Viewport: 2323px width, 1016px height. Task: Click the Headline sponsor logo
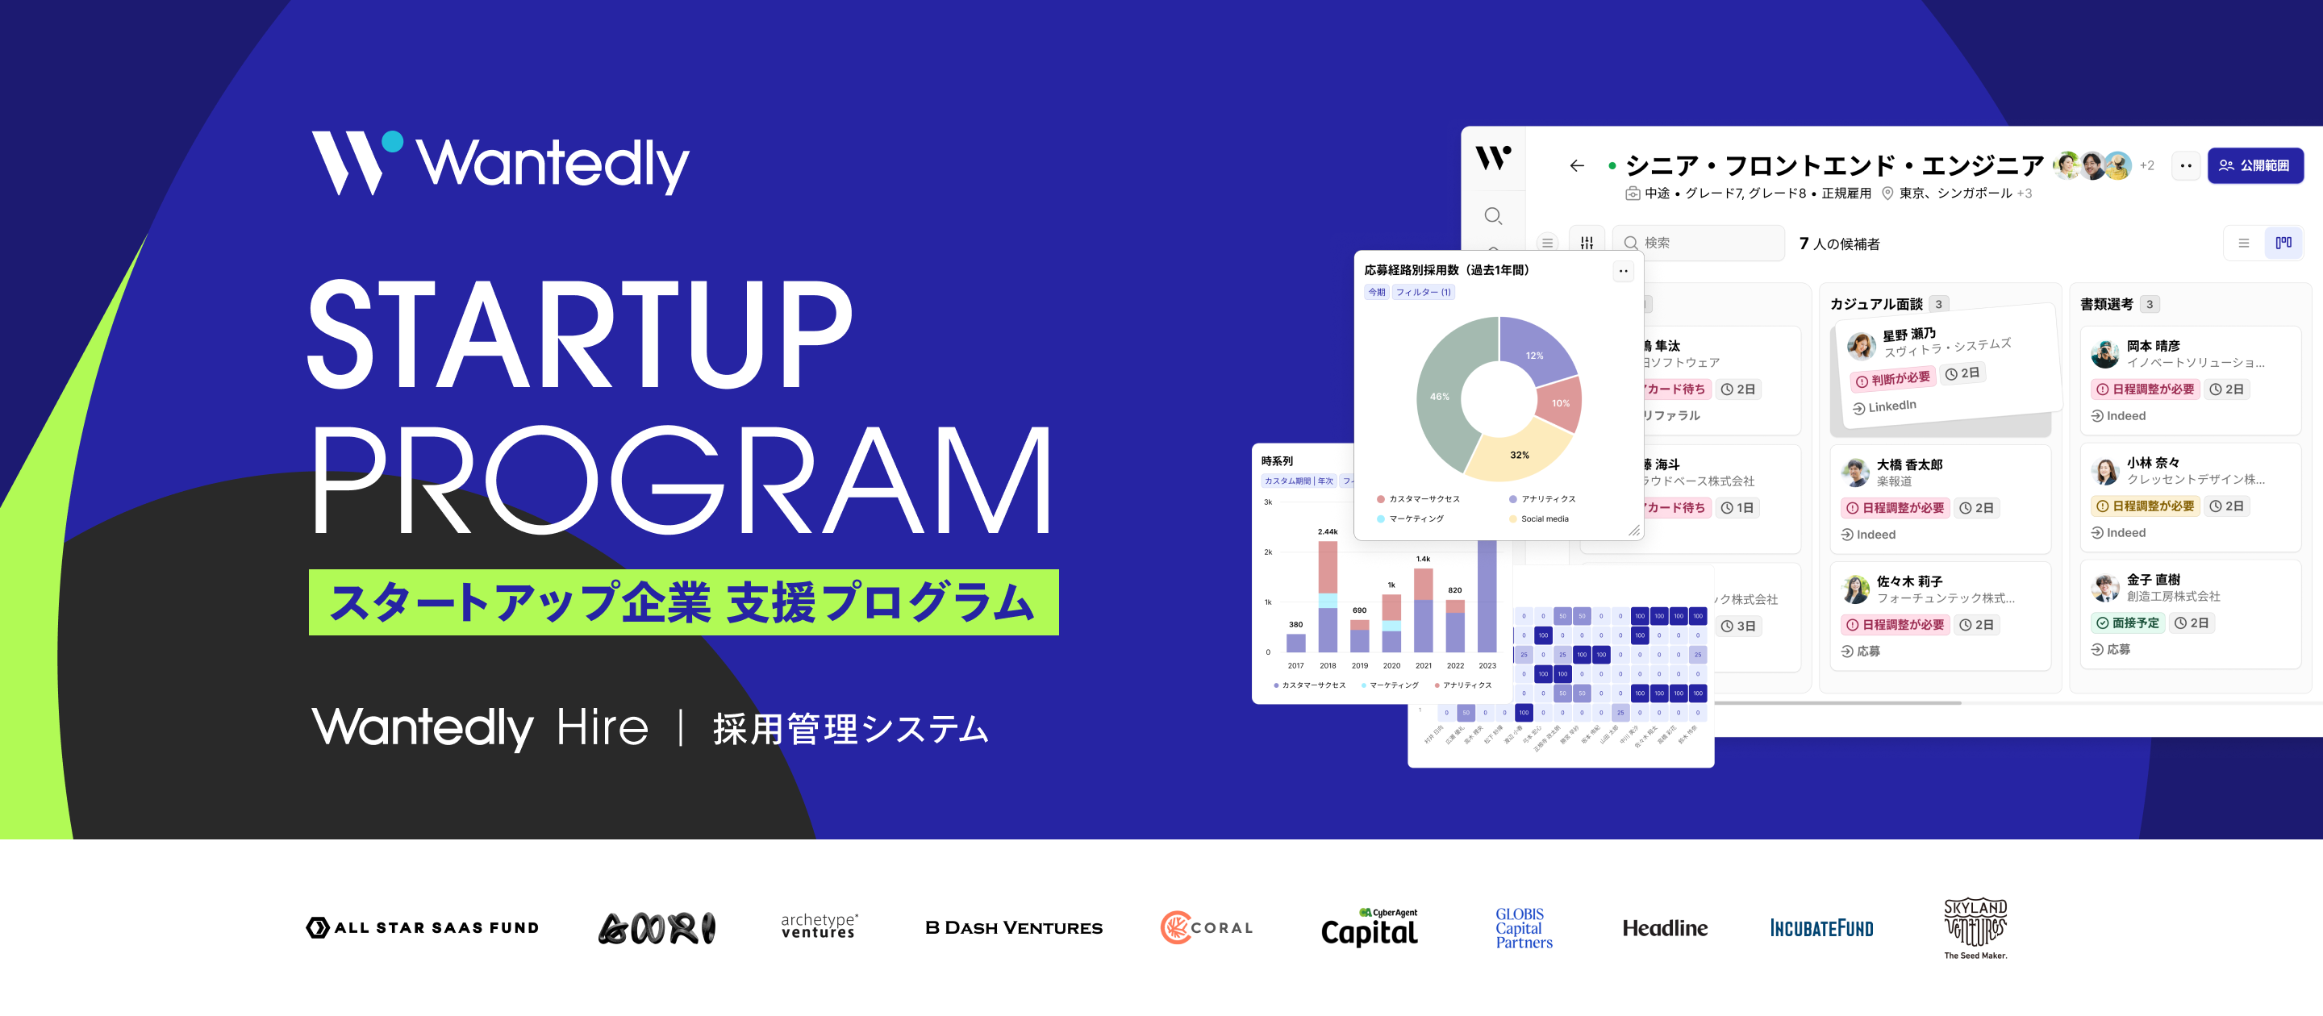(1665, 927)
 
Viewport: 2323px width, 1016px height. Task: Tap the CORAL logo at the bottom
(1207, 927)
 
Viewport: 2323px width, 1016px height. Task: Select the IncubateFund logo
(1820, 927)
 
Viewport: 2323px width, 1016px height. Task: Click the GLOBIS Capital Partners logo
(1523, 927)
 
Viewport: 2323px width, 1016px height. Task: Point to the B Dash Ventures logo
(1014, 927)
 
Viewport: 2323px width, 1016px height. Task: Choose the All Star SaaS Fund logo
(422, 927)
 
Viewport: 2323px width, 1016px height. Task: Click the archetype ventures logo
(818, 926)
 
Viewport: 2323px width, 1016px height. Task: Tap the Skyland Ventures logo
(1975, 927)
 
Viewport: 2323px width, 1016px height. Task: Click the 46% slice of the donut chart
(1440, 397)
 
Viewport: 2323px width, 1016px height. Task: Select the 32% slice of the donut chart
(1520, 456)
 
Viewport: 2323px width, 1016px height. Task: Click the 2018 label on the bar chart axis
(1328, 666)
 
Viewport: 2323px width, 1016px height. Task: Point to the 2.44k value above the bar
(1328, 532)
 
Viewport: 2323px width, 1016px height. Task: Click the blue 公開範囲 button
(2254, 166)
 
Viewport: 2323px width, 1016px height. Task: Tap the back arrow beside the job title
(1576, 166)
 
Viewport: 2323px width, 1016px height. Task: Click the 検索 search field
(1700, 244)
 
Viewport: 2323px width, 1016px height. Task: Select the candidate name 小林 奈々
(2153, 464)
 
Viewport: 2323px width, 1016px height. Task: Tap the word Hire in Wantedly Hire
(603, 727)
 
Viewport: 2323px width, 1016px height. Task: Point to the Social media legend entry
(1544, 519)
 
